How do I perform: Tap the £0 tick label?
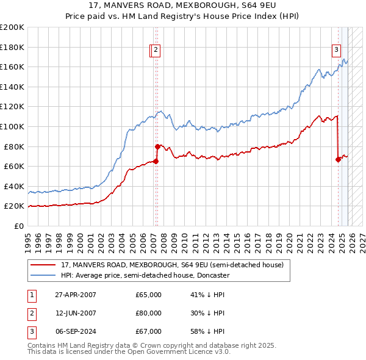18,226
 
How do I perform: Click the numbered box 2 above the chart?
156,51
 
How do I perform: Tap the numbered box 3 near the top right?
336,51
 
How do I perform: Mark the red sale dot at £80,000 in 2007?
157,146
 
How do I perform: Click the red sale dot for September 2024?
338,160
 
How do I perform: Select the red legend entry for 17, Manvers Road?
172,265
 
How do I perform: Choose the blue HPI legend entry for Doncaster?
145,275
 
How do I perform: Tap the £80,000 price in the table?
148,313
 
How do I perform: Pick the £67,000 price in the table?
148,331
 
